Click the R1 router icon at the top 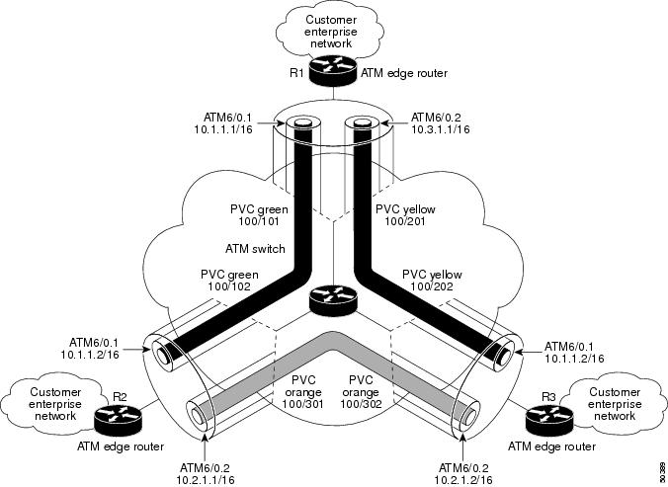pyautogui.click(x=334, y=69)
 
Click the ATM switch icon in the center pyautogui.click(x=333, y=299)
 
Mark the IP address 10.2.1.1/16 pyautogui.click(x=209, y=479)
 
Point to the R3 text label pyautogui.click(x=549, y=396)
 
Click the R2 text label pyautogui.click(x=120, y=396)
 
